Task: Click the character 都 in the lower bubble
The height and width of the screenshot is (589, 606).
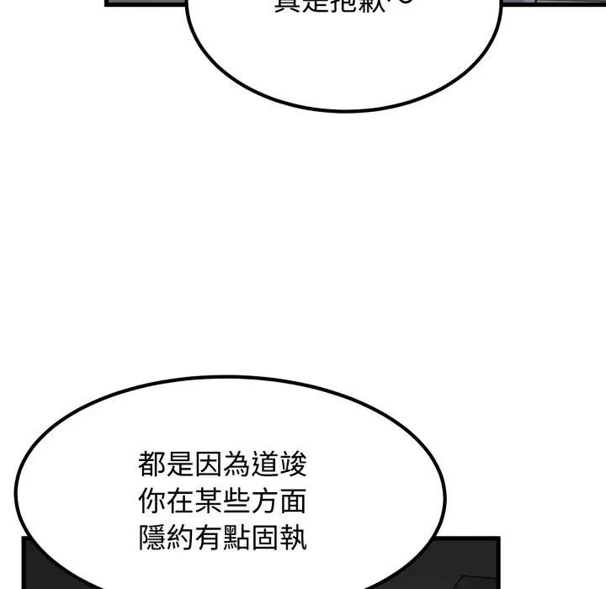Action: click(152, 465)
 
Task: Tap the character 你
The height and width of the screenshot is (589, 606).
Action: click(152, 502)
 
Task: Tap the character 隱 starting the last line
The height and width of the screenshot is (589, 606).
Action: click(152, 539)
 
